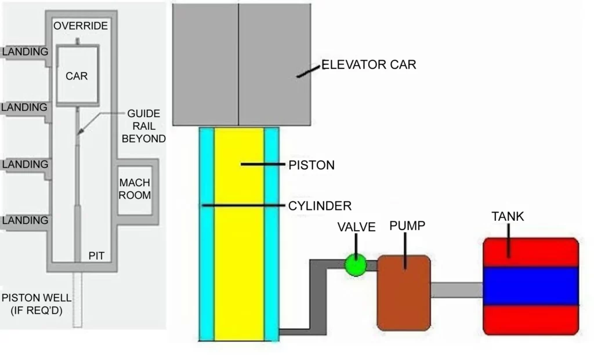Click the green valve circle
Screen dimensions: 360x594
(x=355, y=265)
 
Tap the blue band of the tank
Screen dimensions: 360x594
(x=531, y=286)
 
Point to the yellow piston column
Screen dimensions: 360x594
(x=239, y=243)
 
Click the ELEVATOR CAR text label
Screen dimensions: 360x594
(x=368, y=65)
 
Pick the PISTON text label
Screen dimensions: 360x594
(x=312, y=165)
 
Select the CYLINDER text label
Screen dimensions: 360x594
(x=320, y=206)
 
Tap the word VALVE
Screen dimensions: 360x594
(x=357, y=227)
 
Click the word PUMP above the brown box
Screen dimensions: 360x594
(x=407, y=226)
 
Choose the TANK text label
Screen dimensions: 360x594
(x=508, y=217)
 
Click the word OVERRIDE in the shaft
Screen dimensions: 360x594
(x=81, y=26)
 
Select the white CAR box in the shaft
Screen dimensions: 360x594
(x=77, y=75)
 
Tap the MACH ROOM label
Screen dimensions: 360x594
(x=135, y=189)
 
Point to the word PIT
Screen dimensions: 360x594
(x=96, y=254)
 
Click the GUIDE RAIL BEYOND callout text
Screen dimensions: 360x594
(x=143, y=126)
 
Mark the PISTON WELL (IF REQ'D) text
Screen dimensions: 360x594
(x=37, y=304)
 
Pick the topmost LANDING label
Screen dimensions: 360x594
(x=25, y=52)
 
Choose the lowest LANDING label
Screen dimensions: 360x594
(x=25, y=220)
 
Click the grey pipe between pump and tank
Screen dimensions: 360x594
(x=456, y=290)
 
